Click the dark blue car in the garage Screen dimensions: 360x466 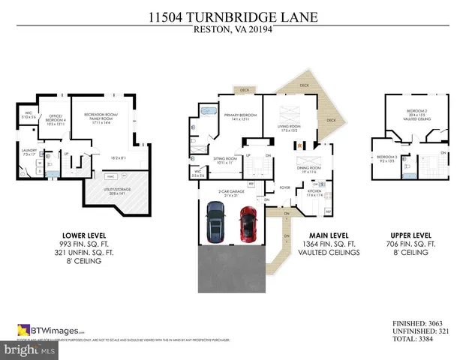(215, 223)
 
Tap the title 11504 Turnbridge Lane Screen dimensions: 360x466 (233, 17)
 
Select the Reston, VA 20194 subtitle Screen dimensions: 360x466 (233, 30)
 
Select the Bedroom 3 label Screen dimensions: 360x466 (386, 157)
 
